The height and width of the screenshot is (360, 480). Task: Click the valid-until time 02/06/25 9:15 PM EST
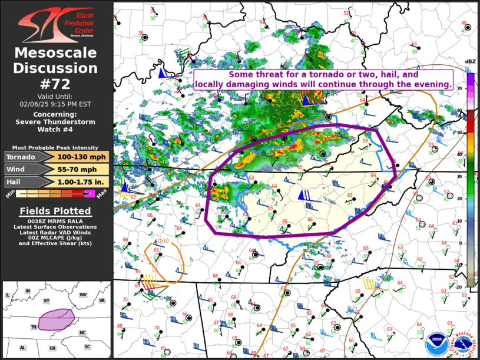56,104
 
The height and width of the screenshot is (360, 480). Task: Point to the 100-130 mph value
74,157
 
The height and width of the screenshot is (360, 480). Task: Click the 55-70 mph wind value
74,170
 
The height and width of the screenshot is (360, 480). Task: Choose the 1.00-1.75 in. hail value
74,182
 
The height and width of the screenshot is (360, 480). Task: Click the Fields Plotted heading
56,211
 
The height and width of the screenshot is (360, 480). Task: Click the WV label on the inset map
83,294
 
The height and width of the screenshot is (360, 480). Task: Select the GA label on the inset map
52,348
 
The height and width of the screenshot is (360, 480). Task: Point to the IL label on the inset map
8,295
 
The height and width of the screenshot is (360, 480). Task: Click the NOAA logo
437,342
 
